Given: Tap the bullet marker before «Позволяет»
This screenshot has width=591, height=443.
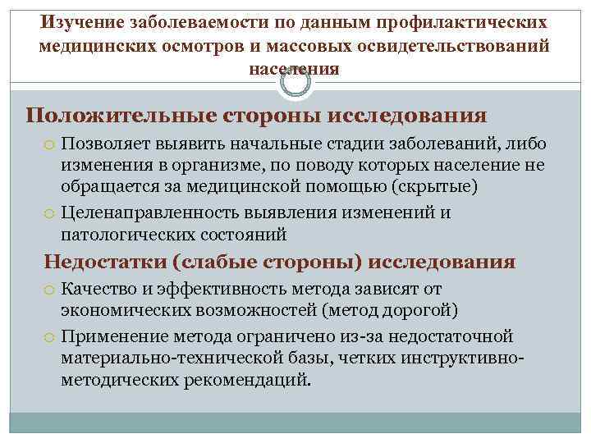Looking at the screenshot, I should pyautogui.click(x=50, y=145).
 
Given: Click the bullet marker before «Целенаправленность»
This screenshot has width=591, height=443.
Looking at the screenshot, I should pyautogui.click(x=50, y=214).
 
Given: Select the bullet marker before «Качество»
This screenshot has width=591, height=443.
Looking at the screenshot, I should pyautogui.click(x=50, y=290).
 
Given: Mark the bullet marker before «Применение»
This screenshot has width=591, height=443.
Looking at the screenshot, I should pyautogui.click(x=50, y=337).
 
